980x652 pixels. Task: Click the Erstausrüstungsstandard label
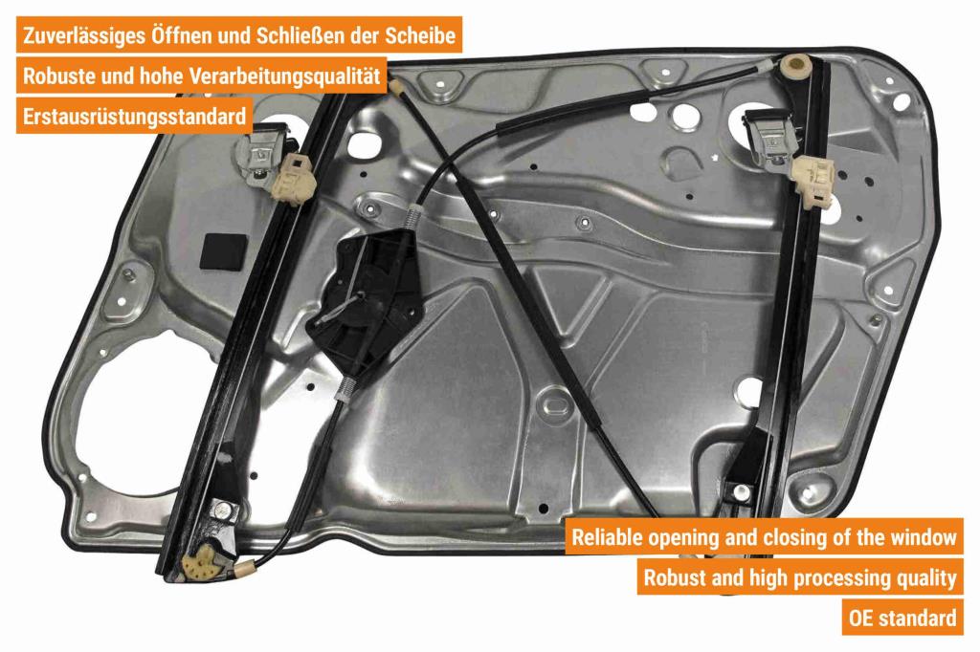(134, 117)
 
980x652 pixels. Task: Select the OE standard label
(902, 618)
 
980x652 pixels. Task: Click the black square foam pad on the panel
(223, 251)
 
